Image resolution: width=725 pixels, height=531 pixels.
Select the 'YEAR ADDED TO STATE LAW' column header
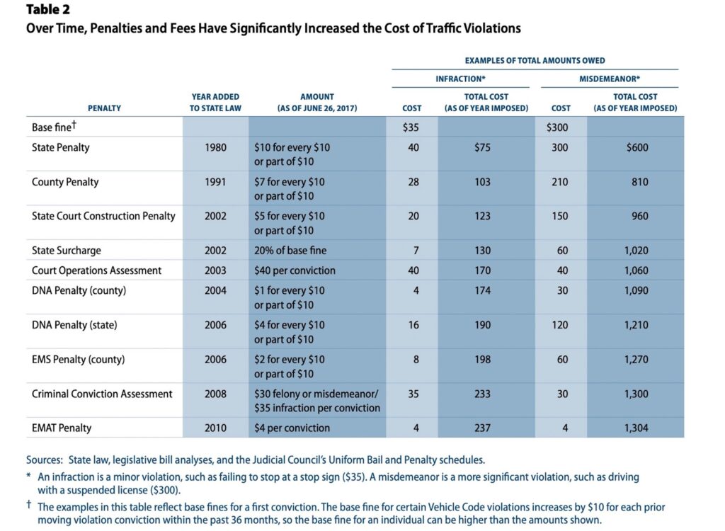click(215, 102)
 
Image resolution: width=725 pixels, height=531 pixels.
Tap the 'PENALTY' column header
click(104, 108)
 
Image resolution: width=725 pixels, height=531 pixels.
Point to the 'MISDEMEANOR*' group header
click(609, 79)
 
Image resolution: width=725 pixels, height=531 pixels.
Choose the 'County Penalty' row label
click(65, 182)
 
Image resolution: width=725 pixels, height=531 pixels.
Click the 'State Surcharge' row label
click(67, 251)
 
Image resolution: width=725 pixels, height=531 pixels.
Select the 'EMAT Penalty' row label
click(62, 428)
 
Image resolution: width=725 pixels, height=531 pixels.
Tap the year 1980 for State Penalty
click(215, 148)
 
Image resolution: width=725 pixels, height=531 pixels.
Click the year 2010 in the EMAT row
click(215, 428)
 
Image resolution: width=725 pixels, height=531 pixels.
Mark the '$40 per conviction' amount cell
click(294, 270)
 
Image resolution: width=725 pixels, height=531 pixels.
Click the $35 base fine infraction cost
click(411, 127)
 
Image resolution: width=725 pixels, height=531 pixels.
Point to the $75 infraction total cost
click(483, 148)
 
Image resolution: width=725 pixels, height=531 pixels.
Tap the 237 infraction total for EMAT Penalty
click(483, 428)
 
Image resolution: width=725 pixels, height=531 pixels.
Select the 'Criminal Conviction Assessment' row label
click(102, 394)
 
